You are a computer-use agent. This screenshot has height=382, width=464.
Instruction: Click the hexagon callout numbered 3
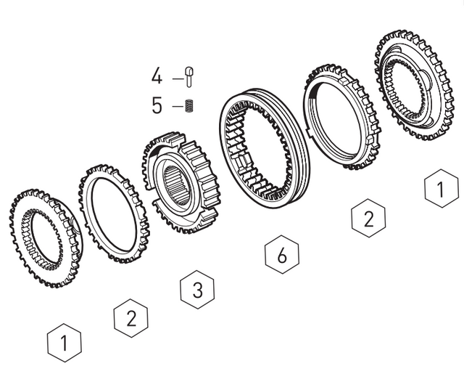(x=196, y=290)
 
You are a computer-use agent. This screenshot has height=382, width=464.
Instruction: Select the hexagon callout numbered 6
(x=282, y=255)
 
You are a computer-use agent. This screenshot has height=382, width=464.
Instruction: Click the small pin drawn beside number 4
(x=190, y=76)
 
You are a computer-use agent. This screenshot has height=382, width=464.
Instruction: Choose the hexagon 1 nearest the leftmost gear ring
(x=65, y=341)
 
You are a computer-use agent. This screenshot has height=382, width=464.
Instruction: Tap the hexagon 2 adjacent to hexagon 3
(x=131, y=317)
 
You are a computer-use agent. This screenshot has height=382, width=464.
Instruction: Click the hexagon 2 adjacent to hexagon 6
(x=368, y=219)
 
